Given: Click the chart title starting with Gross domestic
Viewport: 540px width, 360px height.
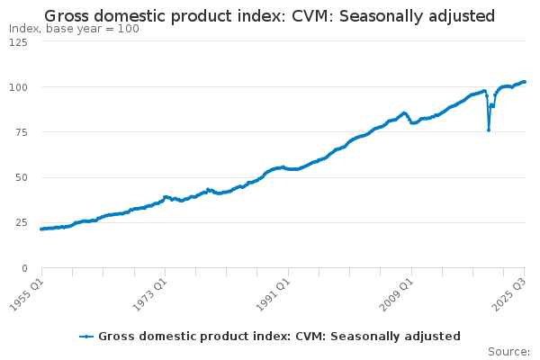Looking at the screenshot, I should (269, 15).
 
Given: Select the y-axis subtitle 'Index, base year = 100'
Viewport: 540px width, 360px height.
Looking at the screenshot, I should (74, 29).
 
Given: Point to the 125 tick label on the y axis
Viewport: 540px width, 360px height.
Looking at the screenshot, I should (20, 42).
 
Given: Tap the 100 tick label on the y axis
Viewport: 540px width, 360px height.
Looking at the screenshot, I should (20, 87).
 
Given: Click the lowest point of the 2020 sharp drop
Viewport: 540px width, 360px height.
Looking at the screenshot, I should (489, 130).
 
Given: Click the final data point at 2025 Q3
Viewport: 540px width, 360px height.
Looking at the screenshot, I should (526, 82).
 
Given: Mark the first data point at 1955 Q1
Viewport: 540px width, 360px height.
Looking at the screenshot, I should (41, 229).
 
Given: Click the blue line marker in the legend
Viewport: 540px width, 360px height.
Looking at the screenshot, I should (86, 337).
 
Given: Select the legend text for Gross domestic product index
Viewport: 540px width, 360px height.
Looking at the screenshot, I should (279, 337).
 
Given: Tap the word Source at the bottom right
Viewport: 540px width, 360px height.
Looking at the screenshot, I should (508, 351).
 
